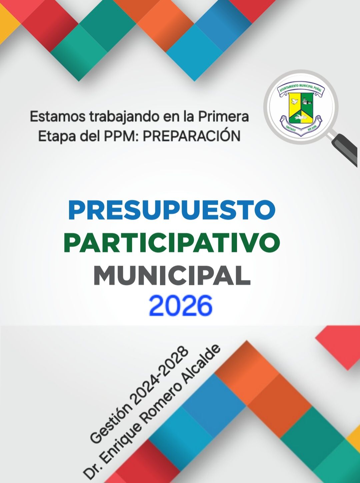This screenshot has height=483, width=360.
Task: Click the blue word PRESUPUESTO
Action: tap(172, 210)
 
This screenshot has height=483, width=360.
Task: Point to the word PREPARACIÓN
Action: tap(191, 136)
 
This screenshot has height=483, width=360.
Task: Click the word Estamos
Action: tap(57, 117)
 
